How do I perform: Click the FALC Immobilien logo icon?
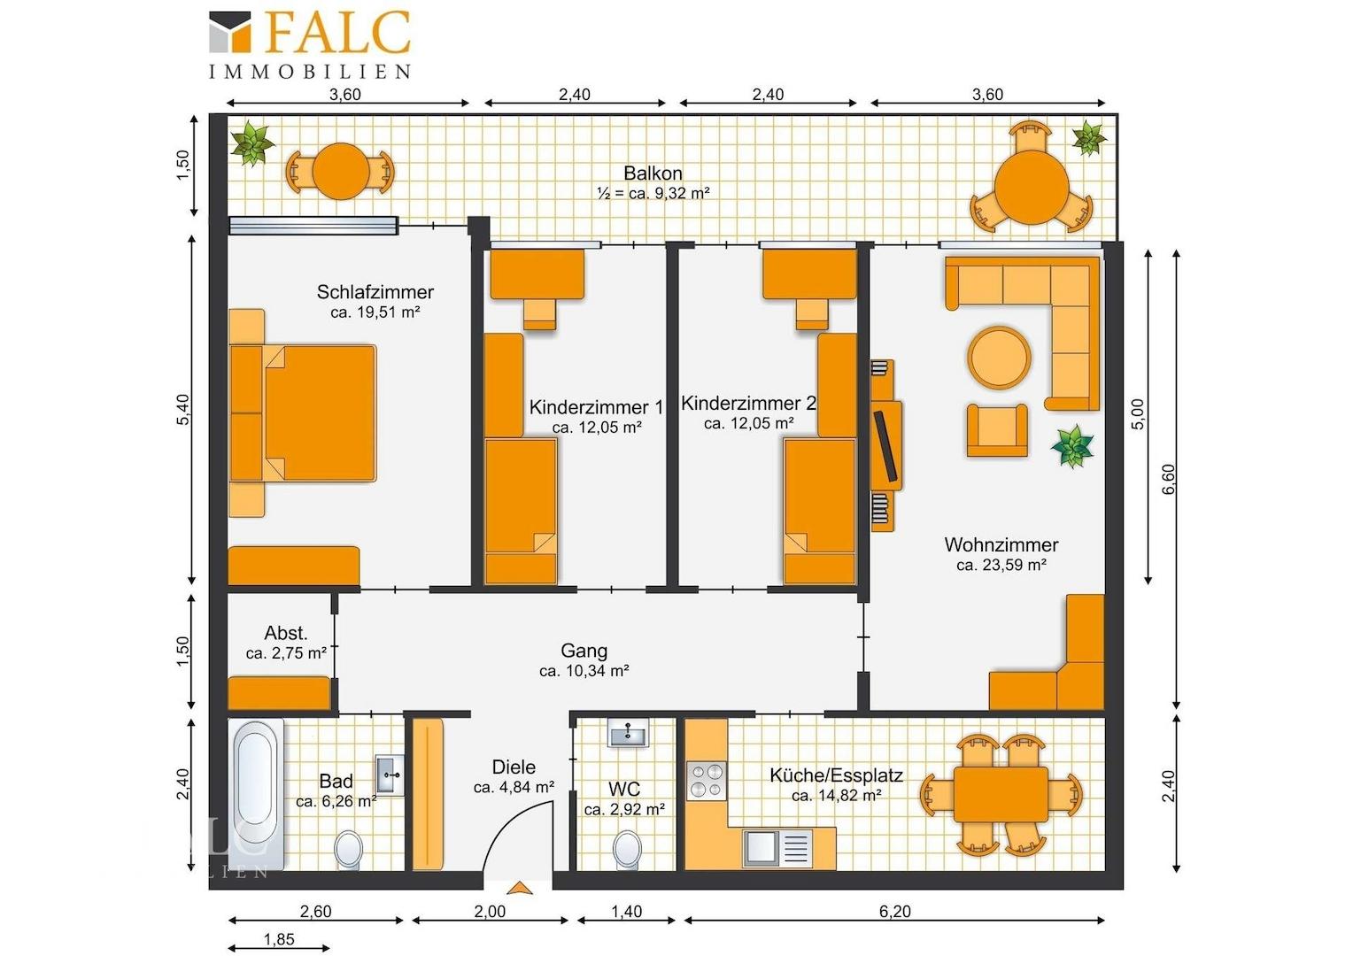229,31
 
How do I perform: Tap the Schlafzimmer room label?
375,292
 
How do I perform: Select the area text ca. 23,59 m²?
1001,566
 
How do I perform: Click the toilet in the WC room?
627,849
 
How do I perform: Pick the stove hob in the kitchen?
706,780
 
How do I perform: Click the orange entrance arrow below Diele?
518,888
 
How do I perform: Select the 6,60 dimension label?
1170,479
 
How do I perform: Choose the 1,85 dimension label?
279,939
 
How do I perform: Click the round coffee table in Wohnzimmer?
999,357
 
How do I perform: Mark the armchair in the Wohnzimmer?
997,430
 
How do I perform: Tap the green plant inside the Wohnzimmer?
1072,446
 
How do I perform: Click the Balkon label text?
653,173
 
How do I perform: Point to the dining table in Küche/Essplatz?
1001,794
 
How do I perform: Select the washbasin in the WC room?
628,733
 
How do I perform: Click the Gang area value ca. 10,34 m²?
584,671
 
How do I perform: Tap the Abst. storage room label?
286,633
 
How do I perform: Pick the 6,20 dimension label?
894,911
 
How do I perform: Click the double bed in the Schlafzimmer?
303,413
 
